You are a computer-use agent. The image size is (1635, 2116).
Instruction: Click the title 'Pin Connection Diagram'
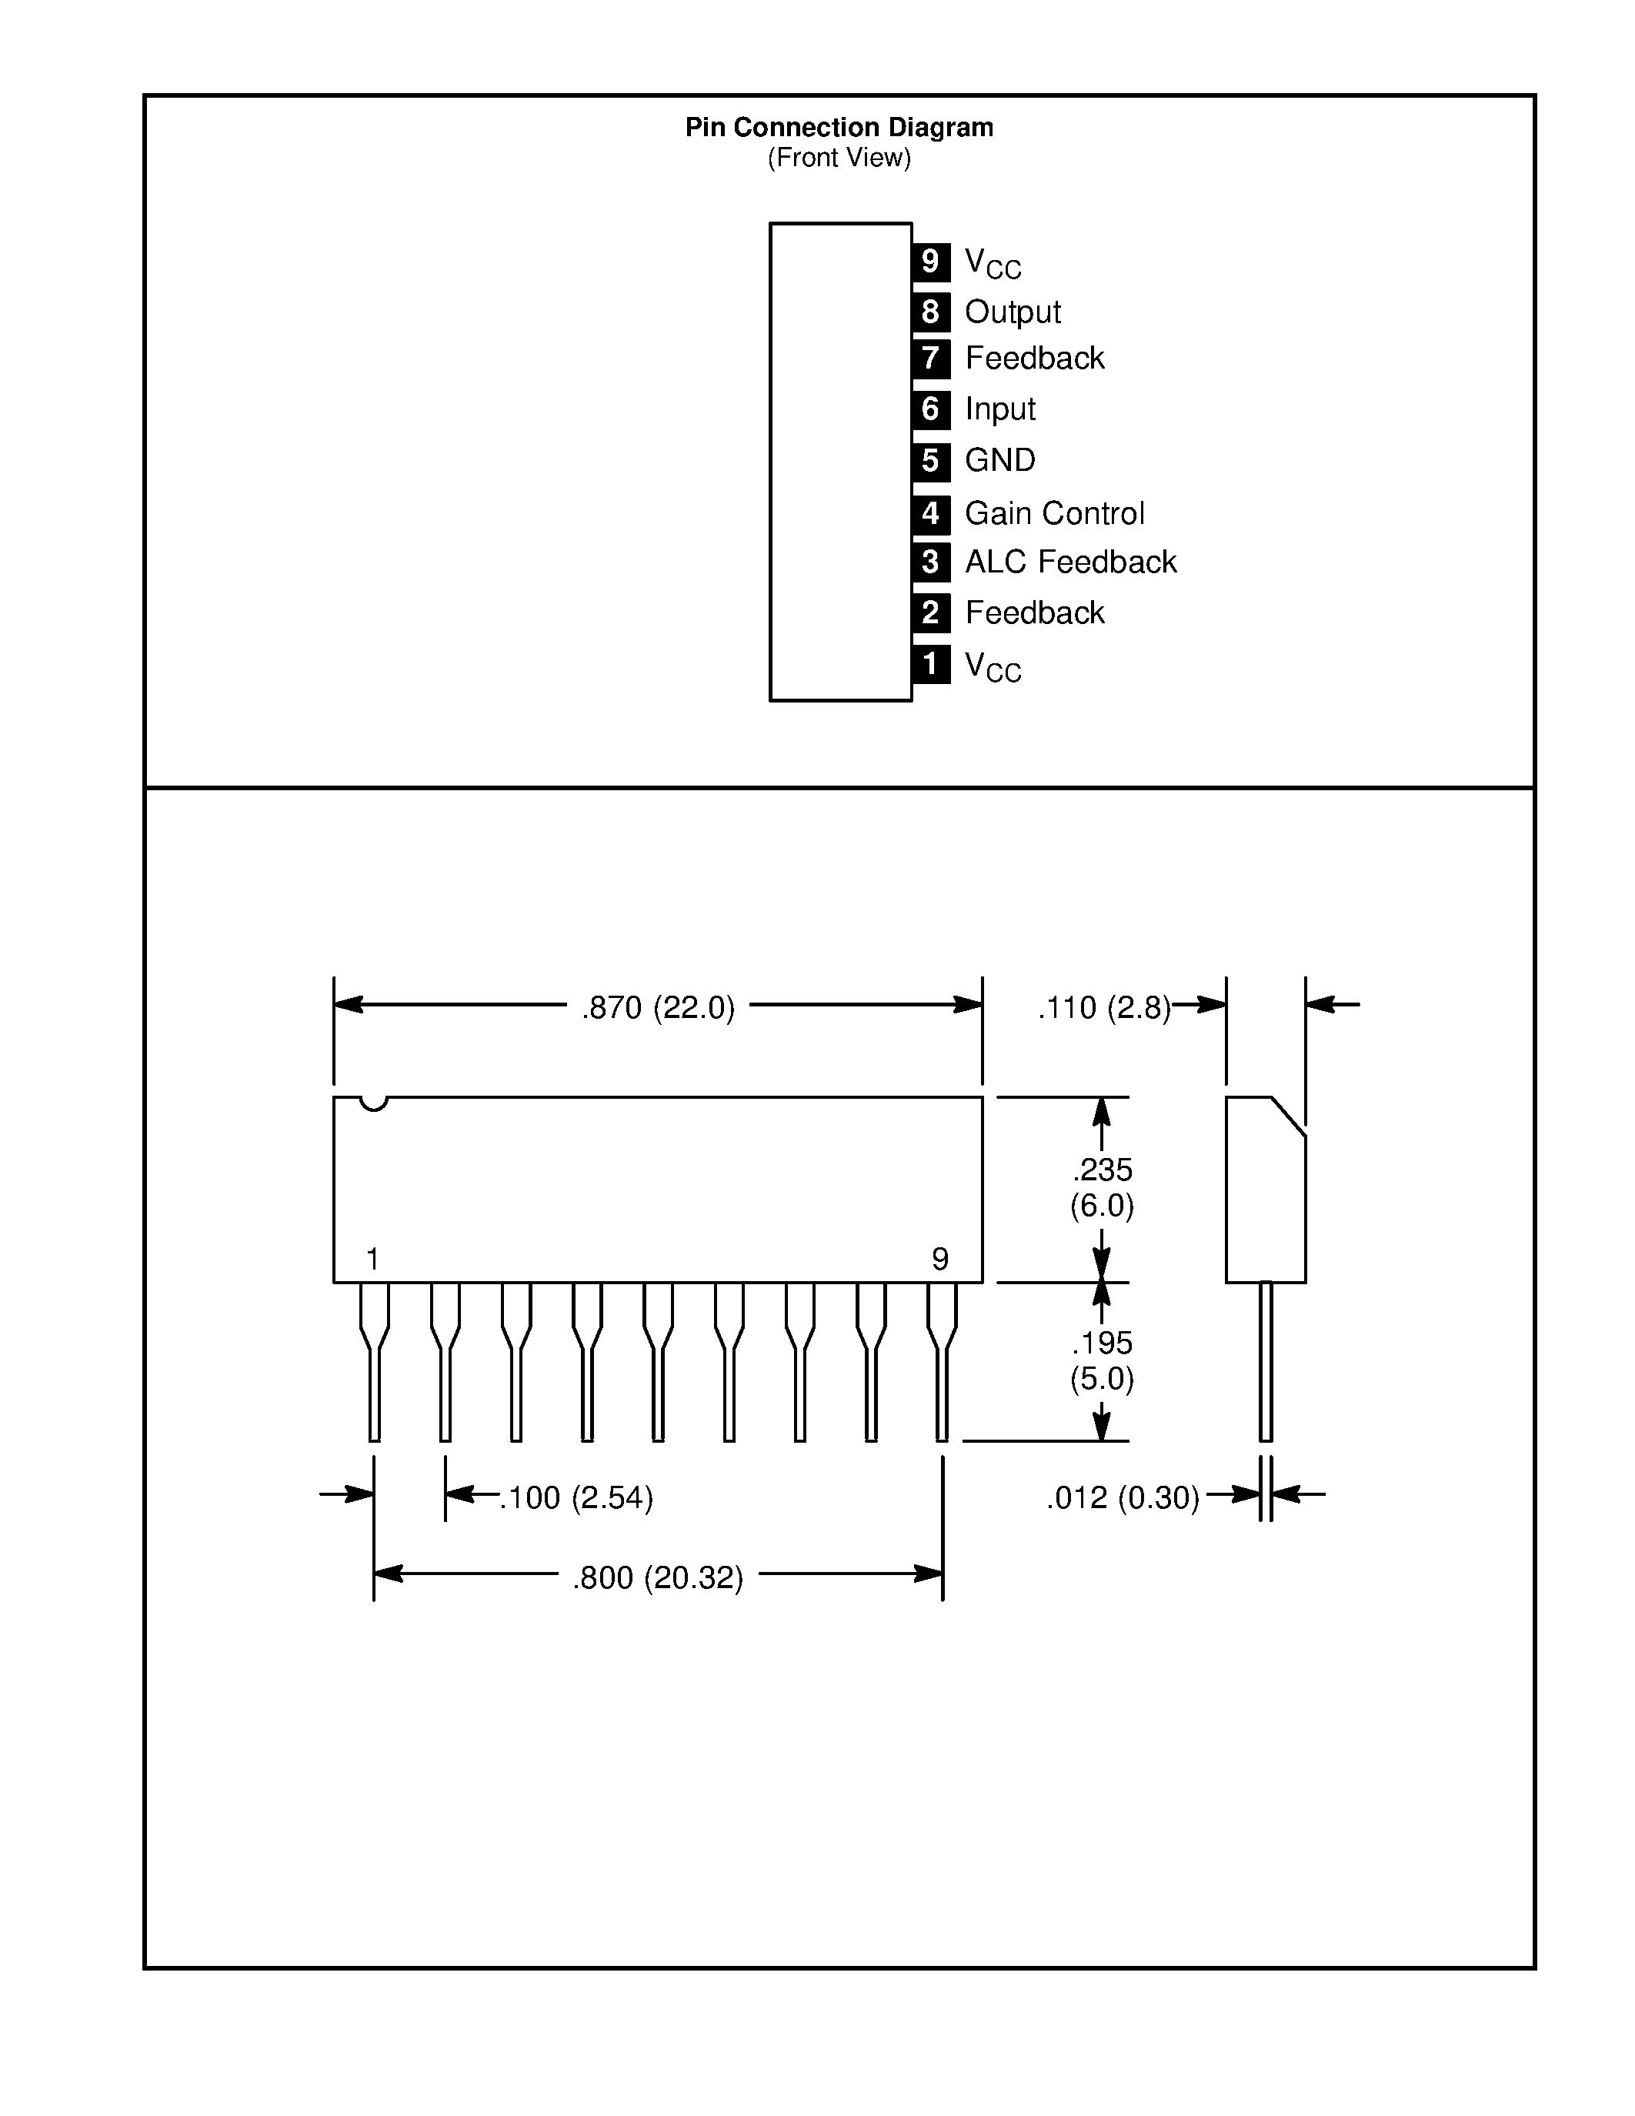[839, 127]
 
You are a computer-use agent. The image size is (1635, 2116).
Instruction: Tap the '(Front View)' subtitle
[839, 158]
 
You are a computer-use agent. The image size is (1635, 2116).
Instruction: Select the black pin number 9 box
[930, 262]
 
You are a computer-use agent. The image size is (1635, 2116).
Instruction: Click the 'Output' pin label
[1013, 312]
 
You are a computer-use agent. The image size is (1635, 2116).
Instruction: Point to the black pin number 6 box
[930, 409]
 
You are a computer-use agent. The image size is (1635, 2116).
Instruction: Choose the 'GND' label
[999, 460]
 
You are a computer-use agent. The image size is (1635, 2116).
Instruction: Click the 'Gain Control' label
[1054, 512]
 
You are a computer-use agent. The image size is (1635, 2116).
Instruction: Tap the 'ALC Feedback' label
[1070, 562]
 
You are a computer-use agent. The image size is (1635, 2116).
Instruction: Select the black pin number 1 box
[930, 665]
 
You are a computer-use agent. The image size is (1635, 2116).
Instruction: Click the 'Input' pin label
[999, 409]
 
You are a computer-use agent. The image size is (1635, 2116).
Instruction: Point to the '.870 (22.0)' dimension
[658, 1008]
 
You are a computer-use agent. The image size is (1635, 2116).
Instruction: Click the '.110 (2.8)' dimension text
[1103, 1008]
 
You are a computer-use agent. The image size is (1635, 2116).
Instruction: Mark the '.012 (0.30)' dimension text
[1122, 1498]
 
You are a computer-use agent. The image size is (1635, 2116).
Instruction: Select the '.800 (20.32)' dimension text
[658, 1578]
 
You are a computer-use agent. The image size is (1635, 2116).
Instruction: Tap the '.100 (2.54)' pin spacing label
[576, 1498]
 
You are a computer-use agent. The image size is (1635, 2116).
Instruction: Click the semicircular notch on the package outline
[373, 1103]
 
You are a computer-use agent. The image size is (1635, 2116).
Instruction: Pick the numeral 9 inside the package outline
[939, 1260]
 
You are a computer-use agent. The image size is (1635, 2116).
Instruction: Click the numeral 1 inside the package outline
[373, 1260]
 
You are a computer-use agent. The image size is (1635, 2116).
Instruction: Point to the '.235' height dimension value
[1103, 1170]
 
